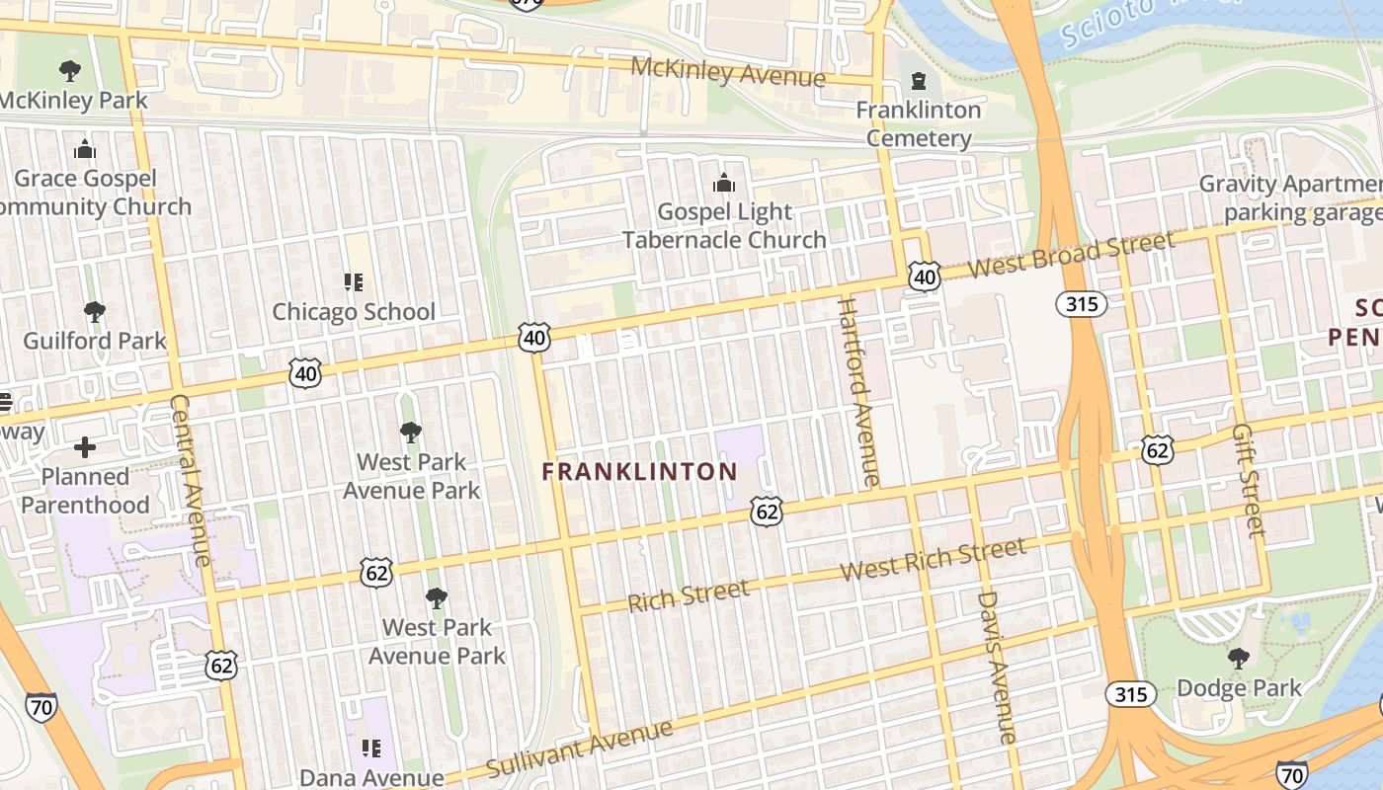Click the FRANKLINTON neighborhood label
coord(639,472)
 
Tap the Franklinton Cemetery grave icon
coord(919,81)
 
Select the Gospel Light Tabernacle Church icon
coord(724,184)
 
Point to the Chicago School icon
coord(354,283)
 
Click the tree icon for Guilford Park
coord(95,313)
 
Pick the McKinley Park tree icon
coord(69,71)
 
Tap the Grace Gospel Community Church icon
coord(85,150)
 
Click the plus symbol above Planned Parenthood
coord(85,447)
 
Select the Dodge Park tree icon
coord(1238,659)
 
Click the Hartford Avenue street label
coord(857,392)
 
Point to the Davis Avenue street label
coord(996,667)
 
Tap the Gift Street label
coord(1249,482)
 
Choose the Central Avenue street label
coord(191,481)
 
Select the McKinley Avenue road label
coord(727,71)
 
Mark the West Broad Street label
coord(1072,254)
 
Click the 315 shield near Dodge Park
coord(1130,694)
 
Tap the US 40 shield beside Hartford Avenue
coord(924,277)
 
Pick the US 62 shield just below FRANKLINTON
coord(767,511)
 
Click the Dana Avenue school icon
coord(371,749)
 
